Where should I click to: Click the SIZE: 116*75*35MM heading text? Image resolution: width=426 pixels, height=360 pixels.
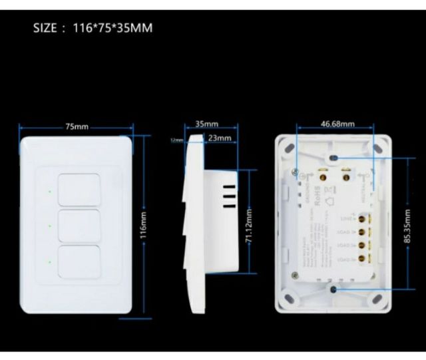(93, 29)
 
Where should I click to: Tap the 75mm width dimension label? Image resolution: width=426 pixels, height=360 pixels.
(77, 126)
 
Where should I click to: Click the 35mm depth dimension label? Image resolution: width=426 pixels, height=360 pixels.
(207, 124)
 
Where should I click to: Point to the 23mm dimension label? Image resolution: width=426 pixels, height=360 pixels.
(219, 138)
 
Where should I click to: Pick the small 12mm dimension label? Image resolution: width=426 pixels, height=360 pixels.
(176, 140)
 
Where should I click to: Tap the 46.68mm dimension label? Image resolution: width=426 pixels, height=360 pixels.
(337, 124)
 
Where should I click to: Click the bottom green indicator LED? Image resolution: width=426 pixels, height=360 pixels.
(50, 260)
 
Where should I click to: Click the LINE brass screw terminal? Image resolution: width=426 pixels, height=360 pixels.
(363, 218)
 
